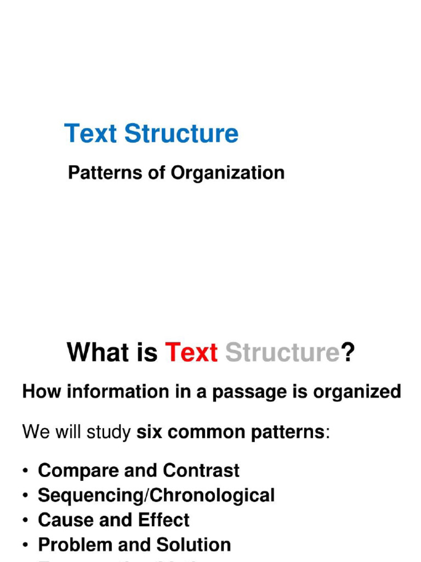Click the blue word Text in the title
91,134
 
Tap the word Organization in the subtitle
228,173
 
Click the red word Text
191,352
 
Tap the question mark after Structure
349,352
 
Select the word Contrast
202,470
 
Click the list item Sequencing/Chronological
156,496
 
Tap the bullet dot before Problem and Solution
25,546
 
